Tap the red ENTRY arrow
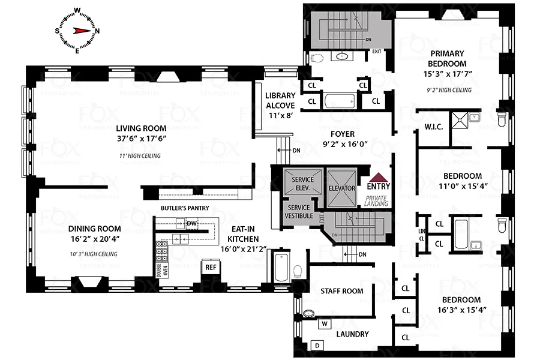click(377, 178)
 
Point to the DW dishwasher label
click(192, 223)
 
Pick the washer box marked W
click(324, 324)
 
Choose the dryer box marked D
click(316, 346)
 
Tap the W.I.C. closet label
click(433, 127)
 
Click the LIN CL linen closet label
click(421, 234)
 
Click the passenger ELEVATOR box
click(342, 188)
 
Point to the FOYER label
click(342, 134)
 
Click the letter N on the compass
click(97, 31)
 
